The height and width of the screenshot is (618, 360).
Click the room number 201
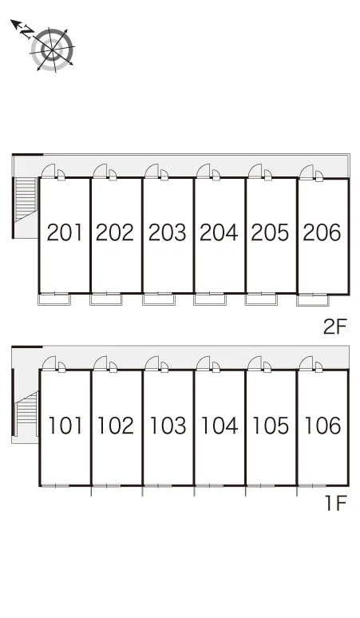[x=65, y=232]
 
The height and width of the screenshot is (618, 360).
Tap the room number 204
[x=219, y=232]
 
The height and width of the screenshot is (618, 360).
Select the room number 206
[x=322, y=232]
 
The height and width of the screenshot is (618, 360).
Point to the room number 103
[x=168, y=426]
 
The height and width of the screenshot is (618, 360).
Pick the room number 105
[x=271, y=426]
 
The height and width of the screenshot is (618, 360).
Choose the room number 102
[x=116, y=426]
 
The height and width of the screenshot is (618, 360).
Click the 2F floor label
[x=334, y=327]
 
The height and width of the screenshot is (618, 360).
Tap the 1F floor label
[x=335, y=503]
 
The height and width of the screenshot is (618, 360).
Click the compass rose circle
[x=53, y=50]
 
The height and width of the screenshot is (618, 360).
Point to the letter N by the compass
[x=27, y=31]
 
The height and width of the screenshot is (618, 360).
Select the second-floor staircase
[x=26, y=200]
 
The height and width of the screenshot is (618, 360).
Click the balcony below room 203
[x=158, y=299]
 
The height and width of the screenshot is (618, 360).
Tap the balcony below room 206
[x=312, y=300]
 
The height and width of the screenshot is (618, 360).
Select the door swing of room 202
[x=101, y=171]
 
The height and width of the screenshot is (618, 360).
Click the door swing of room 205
[x=255, y=171]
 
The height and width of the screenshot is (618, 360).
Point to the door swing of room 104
[x=204, y=363]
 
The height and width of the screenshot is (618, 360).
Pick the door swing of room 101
[x=49, y=363]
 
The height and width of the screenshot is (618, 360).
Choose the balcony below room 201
[x=54, y=299]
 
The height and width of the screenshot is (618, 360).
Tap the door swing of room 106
[x=307, y=363]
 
